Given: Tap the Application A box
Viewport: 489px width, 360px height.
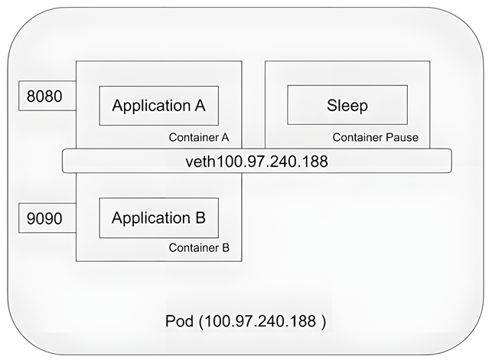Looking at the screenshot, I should click(x=158, y=106).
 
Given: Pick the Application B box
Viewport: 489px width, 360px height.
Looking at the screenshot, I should click(x=158, y=218).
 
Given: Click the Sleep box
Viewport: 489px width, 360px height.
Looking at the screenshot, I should click(x=347, y=106).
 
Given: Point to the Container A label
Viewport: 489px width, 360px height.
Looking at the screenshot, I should click(x=199, y=138).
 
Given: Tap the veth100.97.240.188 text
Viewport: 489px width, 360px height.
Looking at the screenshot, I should click(x=257, y=162).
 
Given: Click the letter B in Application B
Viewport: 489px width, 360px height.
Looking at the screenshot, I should click(x=200, y=218).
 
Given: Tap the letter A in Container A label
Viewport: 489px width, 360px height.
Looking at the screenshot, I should click(x=227, y=138).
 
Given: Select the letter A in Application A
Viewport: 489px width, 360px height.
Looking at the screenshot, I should click(x=200, y=106).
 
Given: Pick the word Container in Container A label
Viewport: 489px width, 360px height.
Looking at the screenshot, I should click(x=192, y=138).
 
